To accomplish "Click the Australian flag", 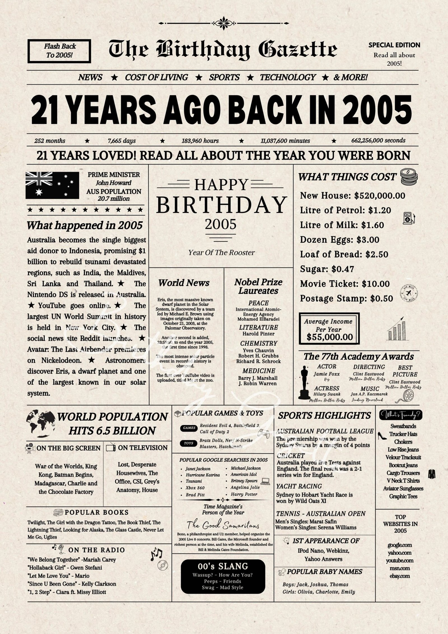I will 52,185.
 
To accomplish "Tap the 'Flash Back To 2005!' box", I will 59,51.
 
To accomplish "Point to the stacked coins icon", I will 409,176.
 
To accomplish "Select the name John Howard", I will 113,183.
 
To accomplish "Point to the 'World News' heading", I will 184,283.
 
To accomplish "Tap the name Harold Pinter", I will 258,334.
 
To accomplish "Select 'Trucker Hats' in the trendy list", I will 403,434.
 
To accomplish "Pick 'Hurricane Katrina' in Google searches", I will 203,475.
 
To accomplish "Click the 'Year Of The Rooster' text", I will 221,252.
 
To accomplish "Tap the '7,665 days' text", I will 122,141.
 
